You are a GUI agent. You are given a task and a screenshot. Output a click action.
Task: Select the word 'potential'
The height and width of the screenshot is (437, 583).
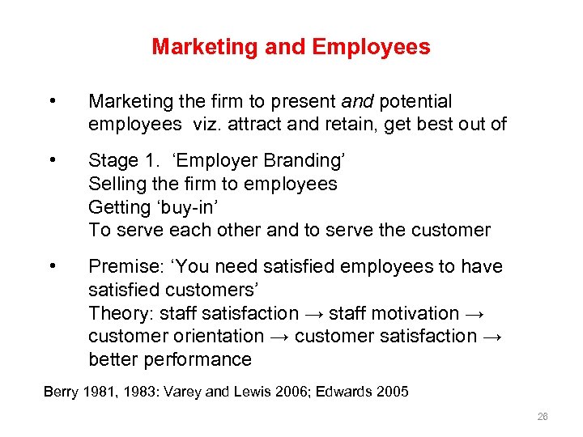pos(415,101)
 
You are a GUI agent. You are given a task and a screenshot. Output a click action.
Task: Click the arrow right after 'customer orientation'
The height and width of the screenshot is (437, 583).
pos(279,336)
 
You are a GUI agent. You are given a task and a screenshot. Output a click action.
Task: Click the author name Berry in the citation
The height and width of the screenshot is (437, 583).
pos(61,392)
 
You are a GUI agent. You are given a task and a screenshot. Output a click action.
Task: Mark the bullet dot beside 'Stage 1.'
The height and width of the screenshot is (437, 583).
pos(52,160)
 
